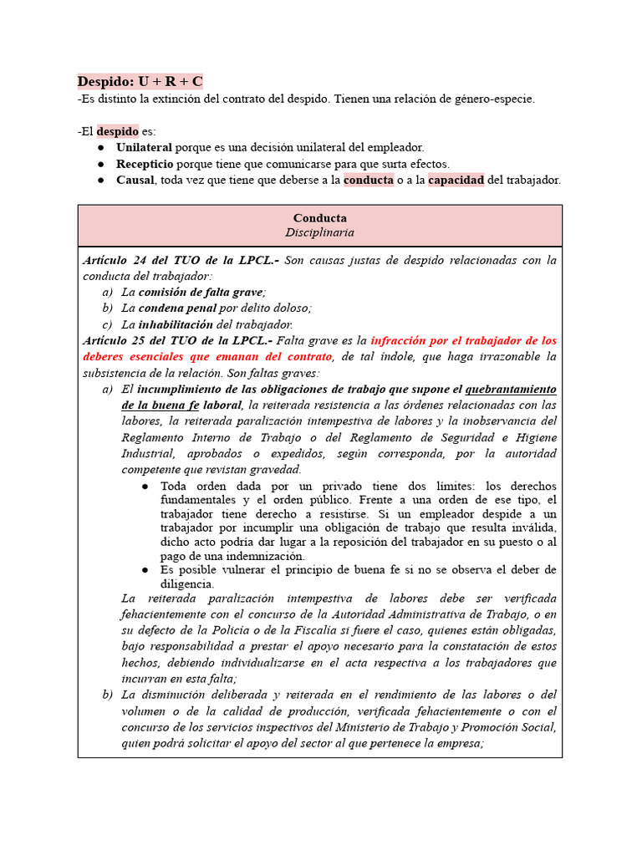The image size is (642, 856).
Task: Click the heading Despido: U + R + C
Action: pyautogui.click(x=140, y=81)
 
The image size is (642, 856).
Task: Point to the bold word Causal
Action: pyautogui.click(x=135, y=180)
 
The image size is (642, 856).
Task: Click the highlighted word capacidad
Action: pyautogui.click(x=456, y=180)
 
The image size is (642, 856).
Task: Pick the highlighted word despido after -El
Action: pyautogui.click(x=118, y=131)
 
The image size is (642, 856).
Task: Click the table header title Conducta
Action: pyautogui.click(x=319, y=218)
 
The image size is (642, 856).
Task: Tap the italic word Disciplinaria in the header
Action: pyautogui.click(x=319, y=232)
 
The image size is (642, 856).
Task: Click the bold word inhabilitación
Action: pyautogui.click(x=176, y=324)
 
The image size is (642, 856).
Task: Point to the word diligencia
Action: pyautogui.click(x=187, y=584)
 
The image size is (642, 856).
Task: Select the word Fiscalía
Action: pyautogui.click(x=308, y=630)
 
